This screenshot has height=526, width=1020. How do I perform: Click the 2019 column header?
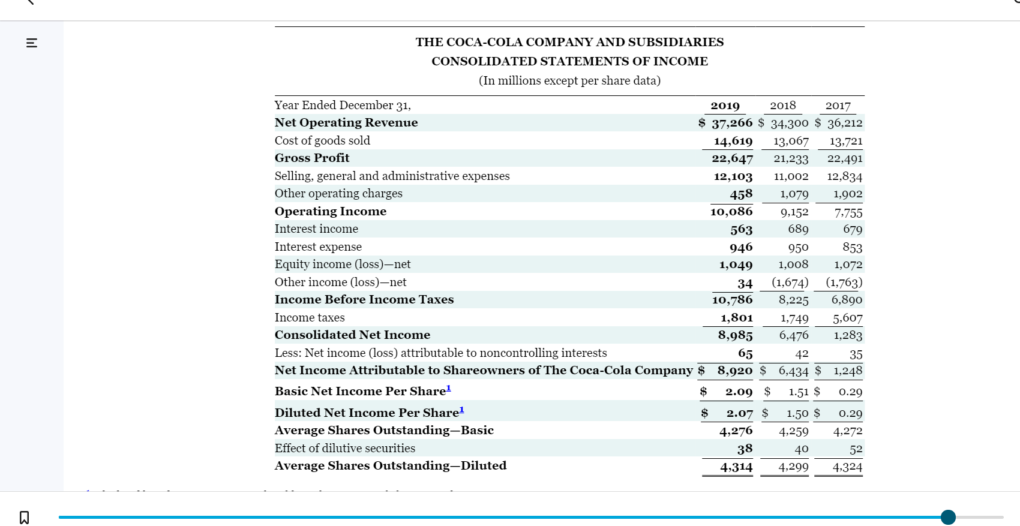(725, 106)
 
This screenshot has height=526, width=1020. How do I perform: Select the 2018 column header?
(783, 106)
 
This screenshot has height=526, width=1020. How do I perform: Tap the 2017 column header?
(838, 106)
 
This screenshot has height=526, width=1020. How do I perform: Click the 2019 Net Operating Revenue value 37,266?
(732, 123)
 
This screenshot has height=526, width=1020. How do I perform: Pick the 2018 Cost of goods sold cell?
(791, 141)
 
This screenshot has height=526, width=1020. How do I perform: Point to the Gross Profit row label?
(312, 158)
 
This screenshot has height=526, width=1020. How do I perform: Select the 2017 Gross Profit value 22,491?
(845, 158)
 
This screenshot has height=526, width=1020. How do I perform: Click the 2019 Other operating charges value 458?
(741, 194)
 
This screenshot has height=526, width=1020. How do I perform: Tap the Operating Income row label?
(331, 211)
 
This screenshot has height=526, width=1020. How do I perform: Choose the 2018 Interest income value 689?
(798, 229)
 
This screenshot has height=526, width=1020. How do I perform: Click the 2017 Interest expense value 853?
(852, 247)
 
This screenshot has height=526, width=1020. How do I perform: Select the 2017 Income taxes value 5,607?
(847, 318)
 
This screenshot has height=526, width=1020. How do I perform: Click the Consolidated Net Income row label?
(352, 335)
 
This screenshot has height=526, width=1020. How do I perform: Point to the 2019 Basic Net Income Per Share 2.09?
(739, 392)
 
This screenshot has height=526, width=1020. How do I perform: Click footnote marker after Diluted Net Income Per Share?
(461, 410)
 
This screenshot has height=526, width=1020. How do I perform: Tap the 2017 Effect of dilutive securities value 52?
(856, 449)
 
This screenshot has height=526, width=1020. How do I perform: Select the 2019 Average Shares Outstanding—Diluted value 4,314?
(736, 467)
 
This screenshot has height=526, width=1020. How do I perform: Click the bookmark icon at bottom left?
(24, 517)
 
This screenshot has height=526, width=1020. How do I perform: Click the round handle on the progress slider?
(948, 517)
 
